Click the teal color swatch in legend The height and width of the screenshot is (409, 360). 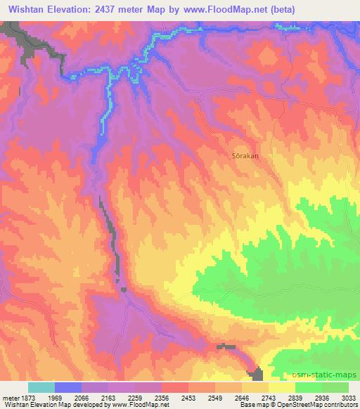click(x=41, y=387)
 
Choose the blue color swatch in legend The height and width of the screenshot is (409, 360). click(x=68, y=387)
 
